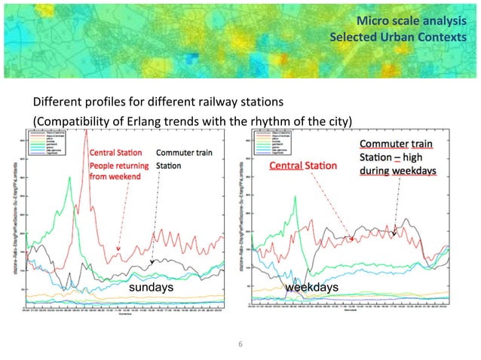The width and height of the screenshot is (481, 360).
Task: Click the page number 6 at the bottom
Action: (x=240, y=344)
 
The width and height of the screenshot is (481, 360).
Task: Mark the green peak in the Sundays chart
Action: (x=69, y=178)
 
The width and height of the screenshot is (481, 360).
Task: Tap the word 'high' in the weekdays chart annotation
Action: (x=426, y=157)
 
